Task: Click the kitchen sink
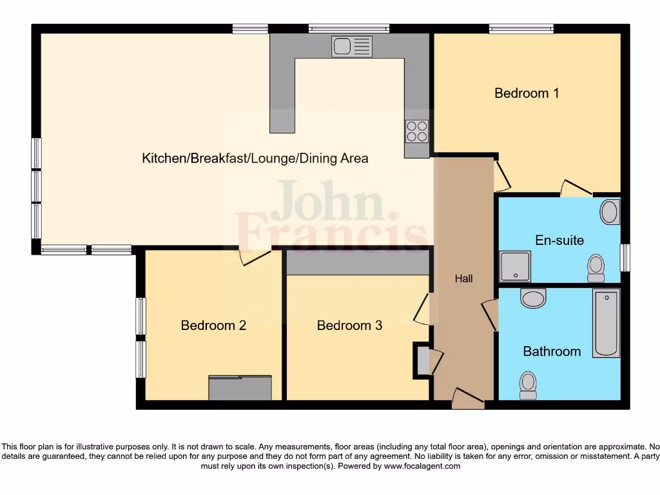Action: tap(352, 46)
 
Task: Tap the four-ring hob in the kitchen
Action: tap(416, 131)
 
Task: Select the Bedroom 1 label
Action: tap(526, 93)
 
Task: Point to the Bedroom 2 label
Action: tap(213, 325)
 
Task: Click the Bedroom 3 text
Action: tap(349, 325)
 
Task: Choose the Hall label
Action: tap(463, 278)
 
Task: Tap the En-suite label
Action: tap(559, 240)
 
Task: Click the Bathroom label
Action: tap(552, 351)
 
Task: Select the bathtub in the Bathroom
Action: tap(606, 324)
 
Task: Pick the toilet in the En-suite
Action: tap(596, 268)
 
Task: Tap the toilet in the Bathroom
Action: tap(528, 384)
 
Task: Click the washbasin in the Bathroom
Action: tap(533, 298)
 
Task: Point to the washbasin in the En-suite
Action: tap(609, 211)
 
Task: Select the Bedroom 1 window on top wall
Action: tap(521, 28)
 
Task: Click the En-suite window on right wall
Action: tap(625, 258)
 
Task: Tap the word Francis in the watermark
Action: tap(331, 232)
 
